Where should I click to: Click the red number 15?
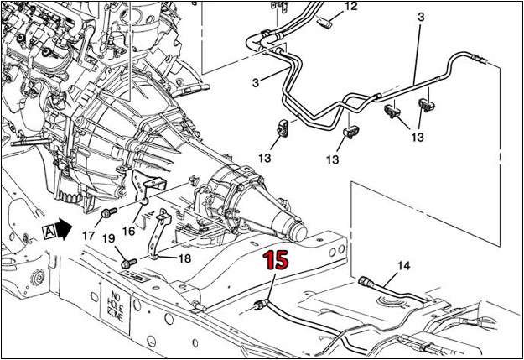pyautogui.click(x=277, y=260)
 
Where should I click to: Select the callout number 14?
pyautogui.click(x=404, y=266)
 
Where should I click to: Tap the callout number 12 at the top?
pyautogui.click(x=350, y=6)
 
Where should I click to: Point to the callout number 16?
pyautogui.click(x=128, y=229)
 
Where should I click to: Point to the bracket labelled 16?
pyautogui.click(x=151, y=186)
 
